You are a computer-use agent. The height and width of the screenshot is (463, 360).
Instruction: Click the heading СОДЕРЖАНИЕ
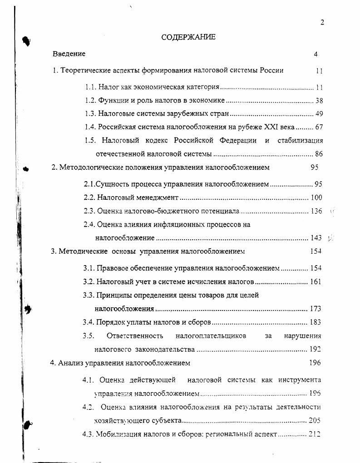188,37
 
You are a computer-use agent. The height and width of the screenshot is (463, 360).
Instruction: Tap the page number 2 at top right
322,23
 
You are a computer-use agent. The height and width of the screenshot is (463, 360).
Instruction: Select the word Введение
69,54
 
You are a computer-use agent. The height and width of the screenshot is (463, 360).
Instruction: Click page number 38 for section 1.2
319,101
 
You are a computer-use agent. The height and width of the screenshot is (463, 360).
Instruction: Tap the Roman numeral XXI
272,127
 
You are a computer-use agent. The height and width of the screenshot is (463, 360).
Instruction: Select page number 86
319,154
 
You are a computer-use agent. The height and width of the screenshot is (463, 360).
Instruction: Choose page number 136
316,211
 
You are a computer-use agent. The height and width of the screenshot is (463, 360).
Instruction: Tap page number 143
316,238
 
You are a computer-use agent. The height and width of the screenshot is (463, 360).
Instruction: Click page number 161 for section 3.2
316,282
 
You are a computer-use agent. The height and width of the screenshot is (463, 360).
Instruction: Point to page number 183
315,322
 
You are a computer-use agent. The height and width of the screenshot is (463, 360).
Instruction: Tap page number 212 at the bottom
315,434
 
